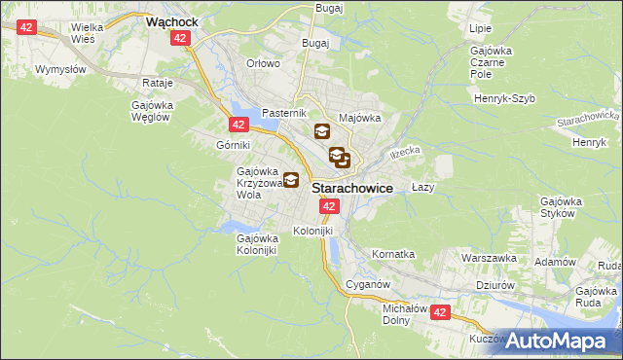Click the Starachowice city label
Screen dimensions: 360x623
[x=352, y=190]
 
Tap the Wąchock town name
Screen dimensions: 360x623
[x=171, y=19]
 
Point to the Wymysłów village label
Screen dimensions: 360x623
[x=61, y=70]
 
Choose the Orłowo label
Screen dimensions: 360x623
[x=263, y=63]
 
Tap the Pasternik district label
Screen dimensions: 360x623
[x=284, y=114]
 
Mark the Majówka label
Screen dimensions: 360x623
[x=359, y=118]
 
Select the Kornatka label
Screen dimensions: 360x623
[x=393, y=254]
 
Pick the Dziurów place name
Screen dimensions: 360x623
[x=495, y=286]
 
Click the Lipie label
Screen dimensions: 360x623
[x=480, y=29]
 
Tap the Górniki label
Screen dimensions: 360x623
[x=235, y=144]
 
